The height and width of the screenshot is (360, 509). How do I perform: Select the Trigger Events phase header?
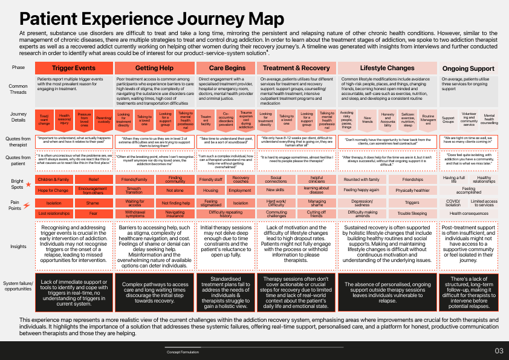74,68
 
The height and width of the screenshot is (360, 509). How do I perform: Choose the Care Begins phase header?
227,68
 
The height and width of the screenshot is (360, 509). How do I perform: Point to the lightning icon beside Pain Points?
26,206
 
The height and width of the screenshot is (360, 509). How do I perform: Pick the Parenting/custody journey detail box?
103,120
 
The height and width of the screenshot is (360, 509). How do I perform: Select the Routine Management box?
427,119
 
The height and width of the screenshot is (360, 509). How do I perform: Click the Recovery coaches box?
241,180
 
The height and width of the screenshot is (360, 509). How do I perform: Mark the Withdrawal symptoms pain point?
135,214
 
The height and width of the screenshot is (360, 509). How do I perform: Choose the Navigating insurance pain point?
175,214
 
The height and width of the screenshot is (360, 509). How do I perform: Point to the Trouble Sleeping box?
412,214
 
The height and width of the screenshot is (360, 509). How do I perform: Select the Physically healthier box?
412,190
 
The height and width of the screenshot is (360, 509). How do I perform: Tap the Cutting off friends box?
317,214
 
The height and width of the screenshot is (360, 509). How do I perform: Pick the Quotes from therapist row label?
19,142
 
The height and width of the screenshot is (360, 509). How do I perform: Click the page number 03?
499,351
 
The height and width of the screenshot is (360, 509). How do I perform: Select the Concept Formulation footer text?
183,352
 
